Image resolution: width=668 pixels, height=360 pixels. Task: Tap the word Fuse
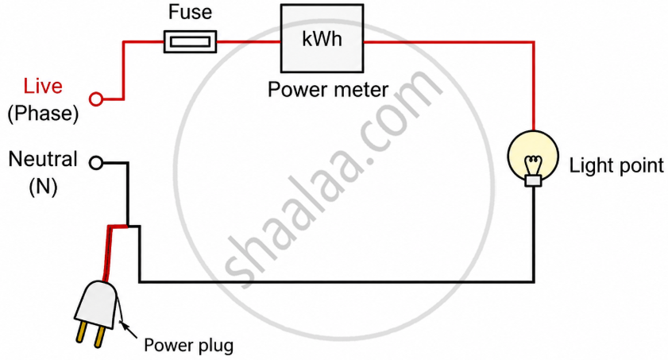pyautogui.click(x=189, y=13)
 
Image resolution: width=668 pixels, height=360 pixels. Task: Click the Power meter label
pyautogui.click(x=327, y=89)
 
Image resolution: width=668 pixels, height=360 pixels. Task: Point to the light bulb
pyautogui.click(x=534, y=155)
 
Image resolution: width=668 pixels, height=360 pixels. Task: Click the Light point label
pyautogui.click(x=616, y=166)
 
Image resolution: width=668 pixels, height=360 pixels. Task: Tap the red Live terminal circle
pyautogui.click(x=96, y=99)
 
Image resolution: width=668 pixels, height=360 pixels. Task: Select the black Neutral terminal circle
pyautogui.click(x=96, y=163)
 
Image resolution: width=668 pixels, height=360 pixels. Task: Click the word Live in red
pyautogui.click(x=43, y=86)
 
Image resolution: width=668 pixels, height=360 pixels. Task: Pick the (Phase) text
pyautogui.click(x=43, y=113)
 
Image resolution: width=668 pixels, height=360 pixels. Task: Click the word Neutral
pyautogui.click(x=43, y=159)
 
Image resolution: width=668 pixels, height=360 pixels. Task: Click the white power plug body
pyautogui.click(x=96, y=300)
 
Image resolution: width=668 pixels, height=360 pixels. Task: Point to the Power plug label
pyautogui.click(x=188, y=346)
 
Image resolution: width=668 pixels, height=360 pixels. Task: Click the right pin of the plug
pyautogui.click(x=99, y=337)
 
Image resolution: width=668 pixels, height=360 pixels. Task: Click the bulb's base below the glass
pyautogui.click(x=534, y=181)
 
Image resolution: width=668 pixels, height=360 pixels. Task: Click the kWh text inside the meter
pyautogui.click(x=322, y=39)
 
